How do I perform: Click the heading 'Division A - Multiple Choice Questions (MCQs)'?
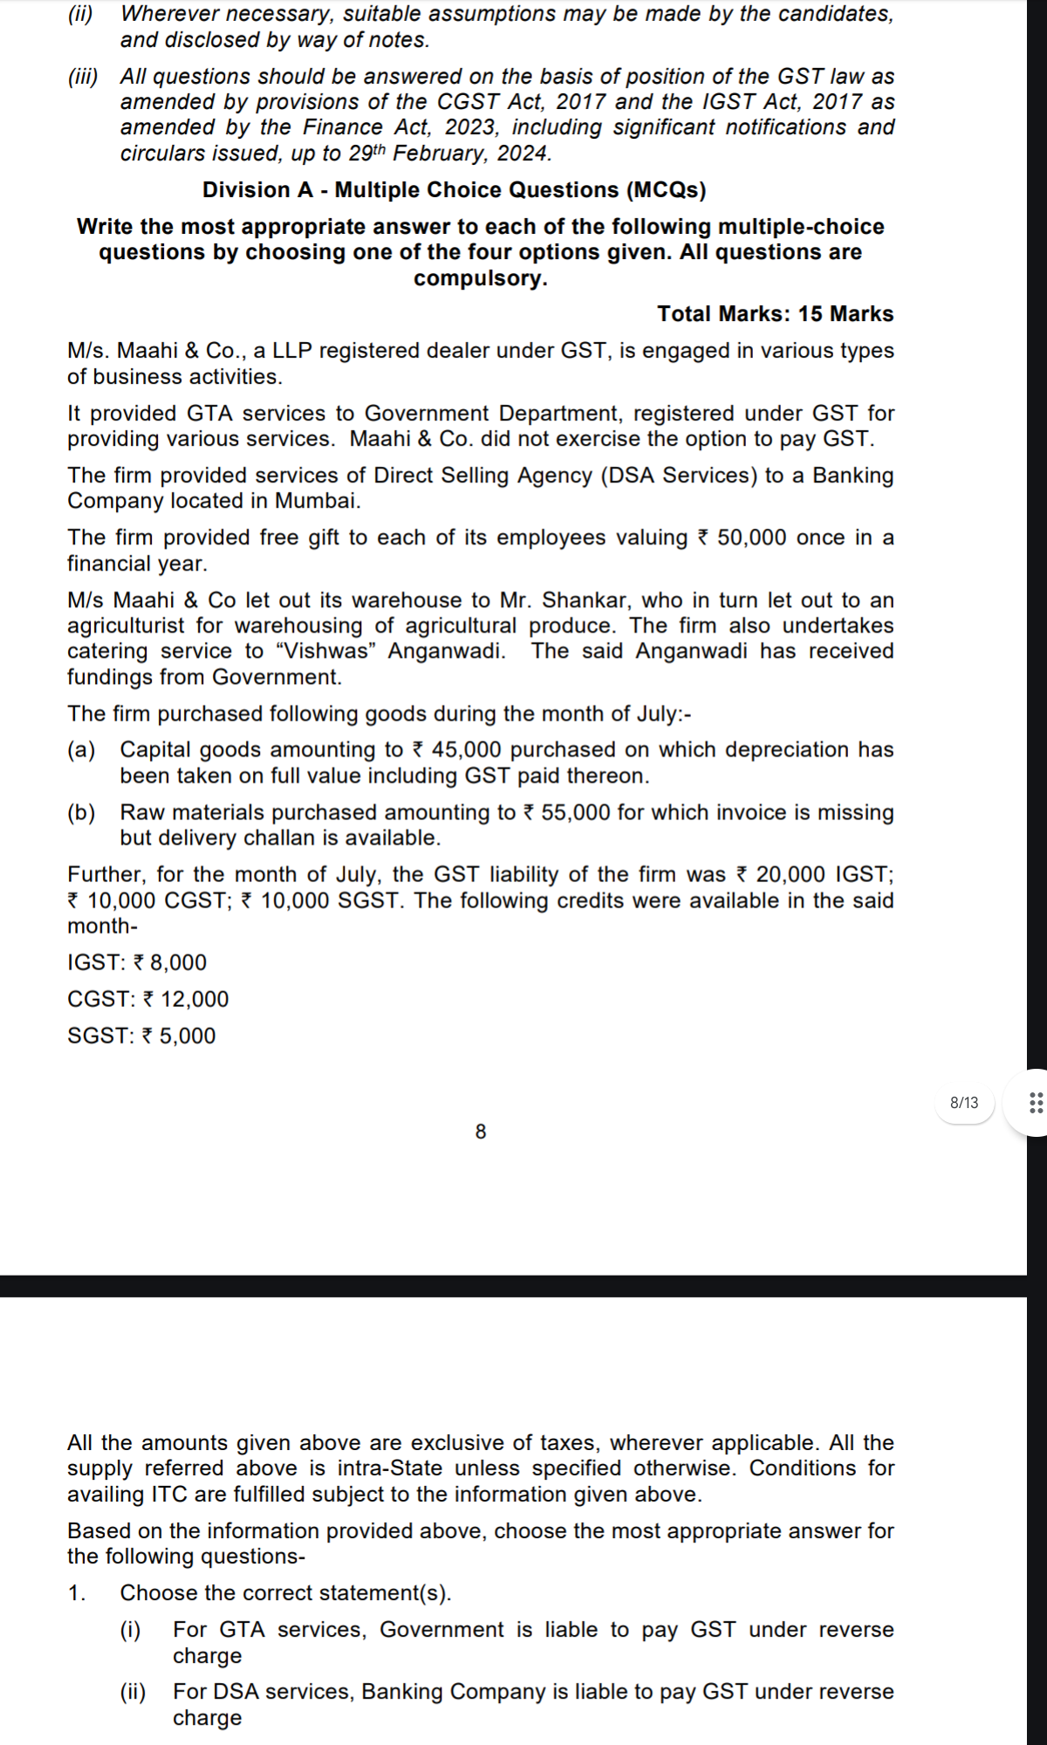click(x=454, y=190)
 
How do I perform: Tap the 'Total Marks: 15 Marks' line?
click(x=775, y=314)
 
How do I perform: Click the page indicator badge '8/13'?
click(x=963, y=1103)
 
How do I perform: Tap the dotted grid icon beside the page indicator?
click(x=1036, y=1103)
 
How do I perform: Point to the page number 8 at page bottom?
click(x=481, y=1132)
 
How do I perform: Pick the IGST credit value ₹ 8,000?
click(x=169, y=963)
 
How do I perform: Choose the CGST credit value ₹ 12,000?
click(x=185, y=1000)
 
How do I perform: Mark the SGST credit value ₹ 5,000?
click(x=178, y=1037)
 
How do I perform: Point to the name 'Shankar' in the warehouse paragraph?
click(x=579, y=601)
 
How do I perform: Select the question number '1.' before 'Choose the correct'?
click(x=77, y=1593)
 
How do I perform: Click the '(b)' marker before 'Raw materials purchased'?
click(x=81, y=813)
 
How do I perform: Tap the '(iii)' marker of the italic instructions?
click(x=83, y=77)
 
